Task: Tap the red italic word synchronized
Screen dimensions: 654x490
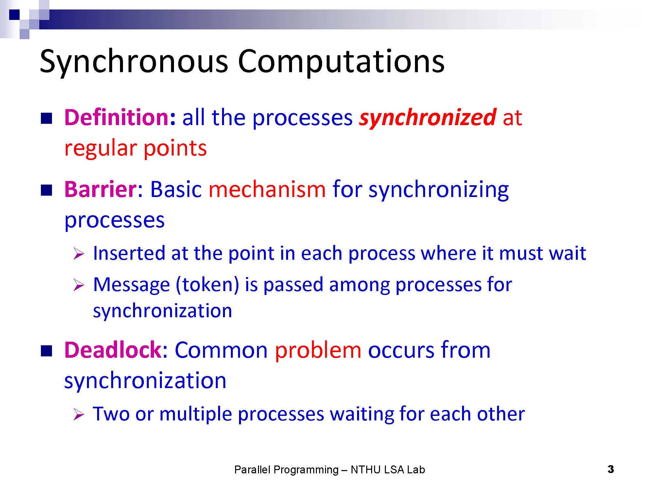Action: (x=428, y=118)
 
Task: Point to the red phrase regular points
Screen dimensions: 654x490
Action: (x=135, y=149)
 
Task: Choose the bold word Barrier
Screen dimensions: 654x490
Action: (x=100, y=189)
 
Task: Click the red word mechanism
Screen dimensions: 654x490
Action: (x=267, y=189)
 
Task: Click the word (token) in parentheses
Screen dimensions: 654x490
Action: (x=208, y=285)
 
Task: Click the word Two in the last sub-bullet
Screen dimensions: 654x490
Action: (x=112, y=414)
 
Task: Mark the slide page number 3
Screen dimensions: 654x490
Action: (x=611, y=469)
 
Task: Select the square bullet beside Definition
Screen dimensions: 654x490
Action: (x=46, y=118)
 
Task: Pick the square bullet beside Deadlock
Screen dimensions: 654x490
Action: (x=46, y=351)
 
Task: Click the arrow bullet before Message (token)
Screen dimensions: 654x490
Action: (x=79, y=286)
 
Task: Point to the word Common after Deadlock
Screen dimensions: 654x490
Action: (x=221, y=350)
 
